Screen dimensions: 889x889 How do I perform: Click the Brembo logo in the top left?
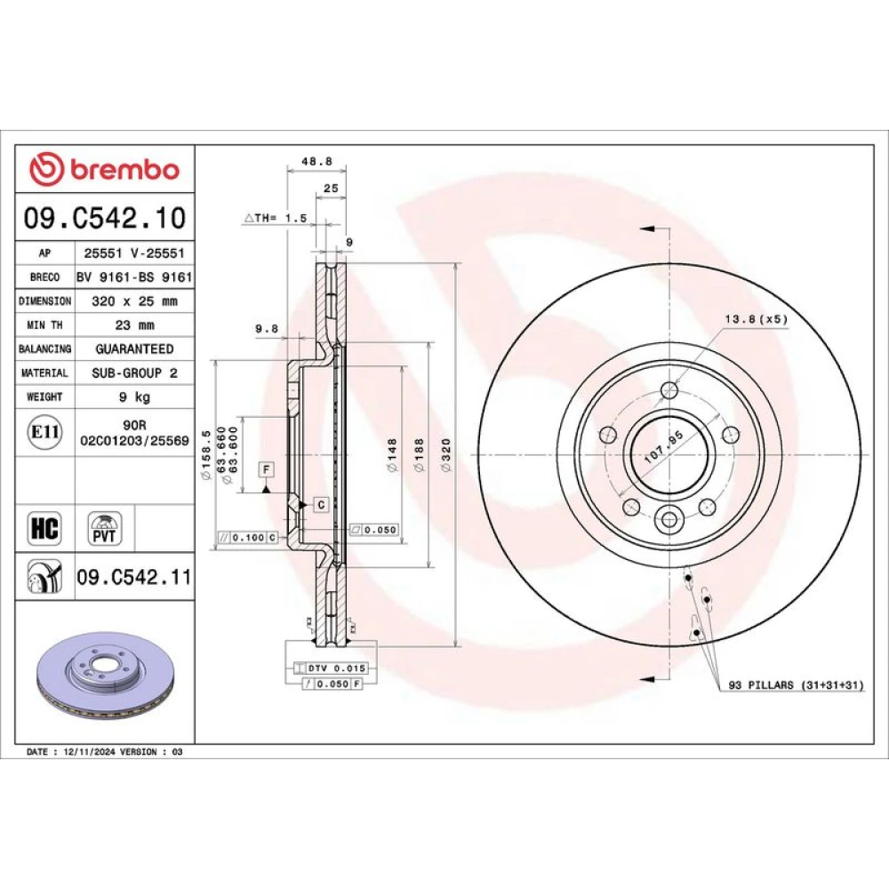104,169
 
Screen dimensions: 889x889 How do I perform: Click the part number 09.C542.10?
104,218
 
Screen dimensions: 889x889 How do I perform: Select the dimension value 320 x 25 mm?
134,301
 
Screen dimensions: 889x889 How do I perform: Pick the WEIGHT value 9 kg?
134,396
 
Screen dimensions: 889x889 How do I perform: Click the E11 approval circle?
44,432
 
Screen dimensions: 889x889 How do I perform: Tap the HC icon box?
44,528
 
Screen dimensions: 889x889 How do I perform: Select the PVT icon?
104,528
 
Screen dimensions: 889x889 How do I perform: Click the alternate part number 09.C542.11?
134,577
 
